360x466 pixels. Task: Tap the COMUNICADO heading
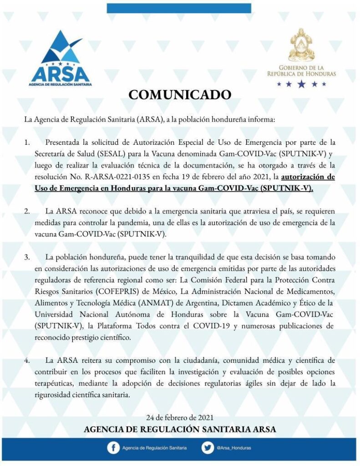(x=180, y=95)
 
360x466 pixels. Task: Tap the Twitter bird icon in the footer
(x=208, y=448)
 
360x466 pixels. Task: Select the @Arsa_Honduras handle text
(x=233, y=448)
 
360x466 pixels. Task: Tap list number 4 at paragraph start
(x=27, y=360)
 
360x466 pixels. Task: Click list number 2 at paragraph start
(x=27, y=212)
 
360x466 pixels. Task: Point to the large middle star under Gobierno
(x=301, y=84)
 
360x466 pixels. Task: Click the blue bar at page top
(x=179, y=8)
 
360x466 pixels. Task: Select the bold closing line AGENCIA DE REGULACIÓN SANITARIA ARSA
(x=180, y=430)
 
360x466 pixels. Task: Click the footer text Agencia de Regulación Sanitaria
(x=154, y=448)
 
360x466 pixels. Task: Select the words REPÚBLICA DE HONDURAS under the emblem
(x=301, y=73)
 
